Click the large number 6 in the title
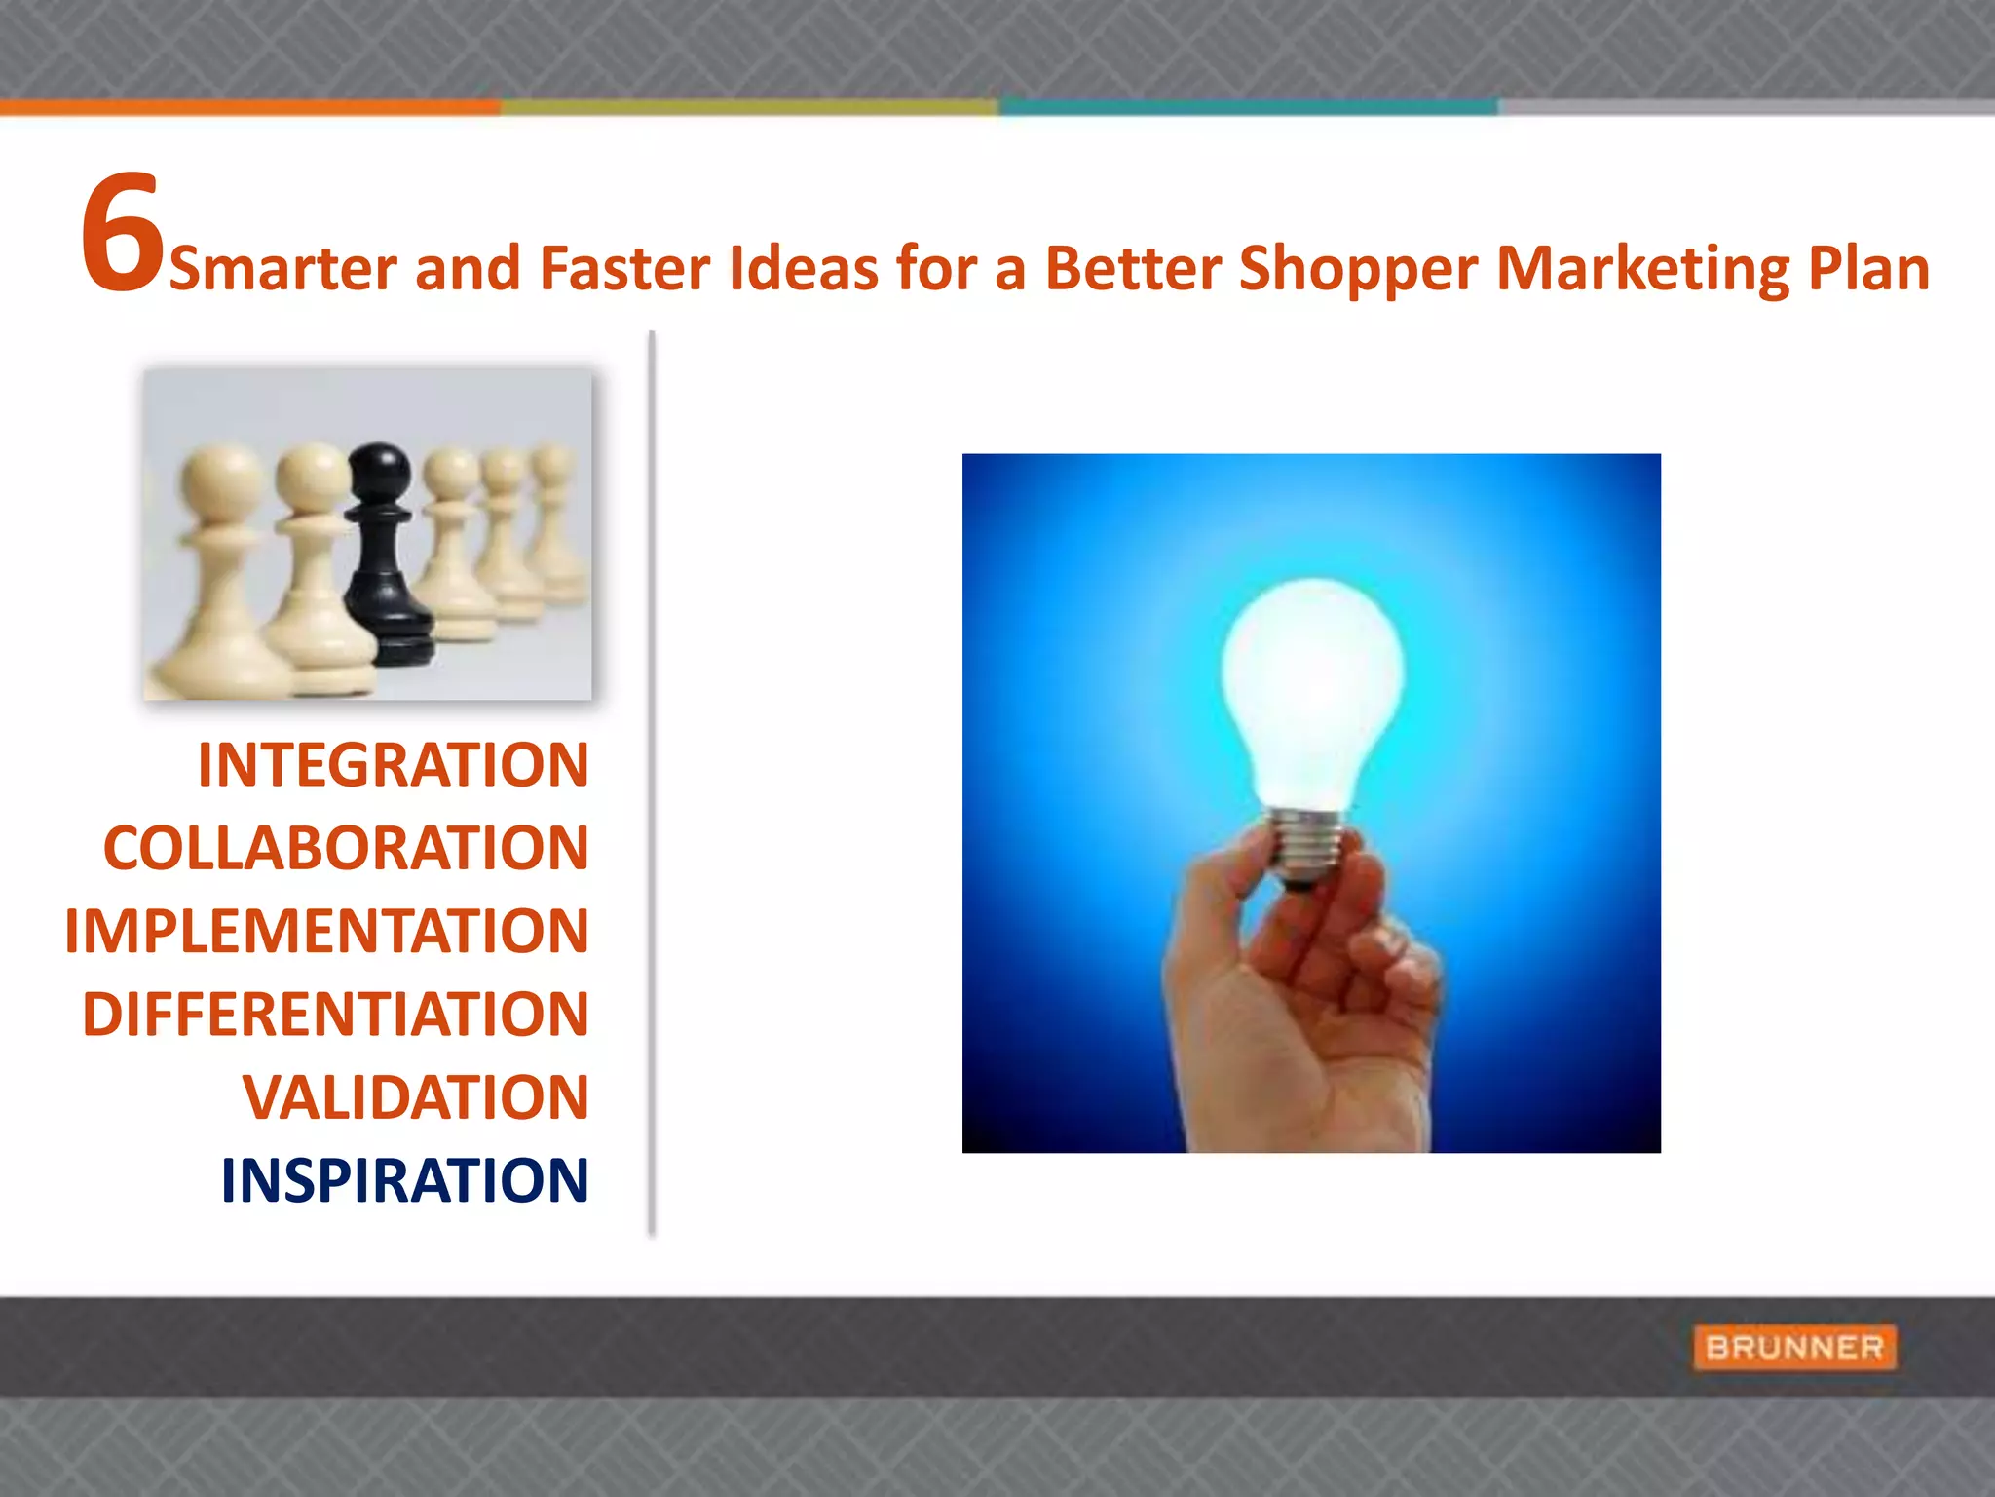[x=121, y=234]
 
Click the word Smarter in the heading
[x=282, y=269]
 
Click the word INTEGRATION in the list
[x=394, y=766]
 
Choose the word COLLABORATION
[x=346, y=849]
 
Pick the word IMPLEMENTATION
[x=326, y=932]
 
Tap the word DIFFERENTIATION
[x=335, y=1015]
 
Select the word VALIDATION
[x=415, y=1098]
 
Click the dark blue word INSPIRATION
[x=404, y=1181]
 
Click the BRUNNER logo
[x=1794, y=1348]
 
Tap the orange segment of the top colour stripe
[x=249, y=107]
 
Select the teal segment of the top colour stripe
[x=1247, y=107]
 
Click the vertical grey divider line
[x=652, y=780]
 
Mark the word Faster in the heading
[x=623, y=269]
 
